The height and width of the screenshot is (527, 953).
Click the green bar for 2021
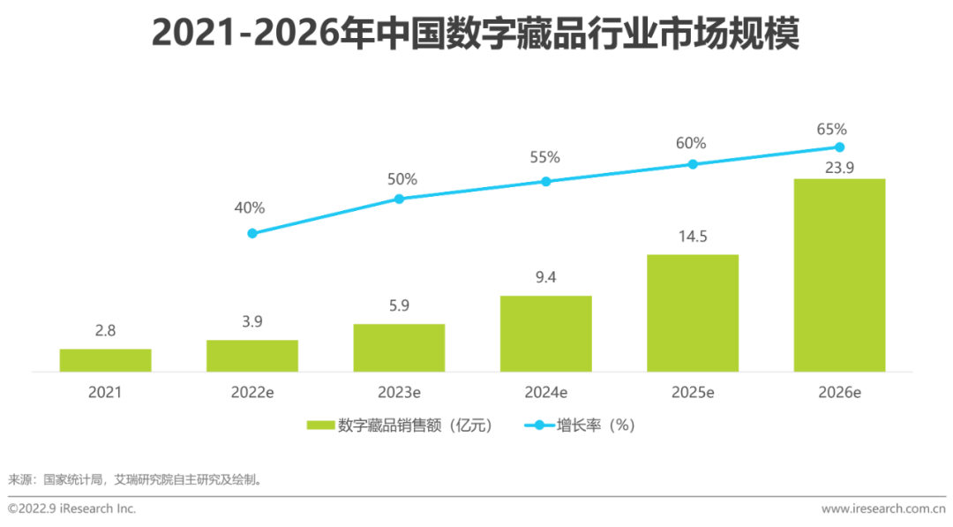tap(105, 360)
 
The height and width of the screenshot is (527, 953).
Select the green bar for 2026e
tap(839, 275)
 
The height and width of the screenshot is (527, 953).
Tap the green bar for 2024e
tap(545, 334)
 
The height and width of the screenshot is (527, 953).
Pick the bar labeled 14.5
tap(693, 313)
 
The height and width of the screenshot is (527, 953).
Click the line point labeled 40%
tap(252, 233)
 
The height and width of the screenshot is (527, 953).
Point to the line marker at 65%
tap(839, 147)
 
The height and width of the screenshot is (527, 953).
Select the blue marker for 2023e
tap(399, 199)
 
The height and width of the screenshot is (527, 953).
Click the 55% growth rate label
tap(545, 158)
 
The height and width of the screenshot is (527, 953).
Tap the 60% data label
tap(692, 143)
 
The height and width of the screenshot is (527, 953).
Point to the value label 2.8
tap(105, 331)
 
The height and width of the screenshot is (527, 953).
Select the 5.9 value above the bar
tap(399, 306)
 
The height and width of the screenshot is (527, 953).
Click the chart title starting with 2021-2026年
tap(476, 34)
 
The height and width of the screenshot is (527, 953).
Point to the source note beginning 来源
tap(136, 480)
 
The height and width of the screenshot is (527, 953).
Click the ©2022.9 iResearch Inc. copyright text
tap(72, 509)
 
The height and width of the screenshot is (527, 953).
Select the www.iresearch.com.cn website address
tap(882, 509)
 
